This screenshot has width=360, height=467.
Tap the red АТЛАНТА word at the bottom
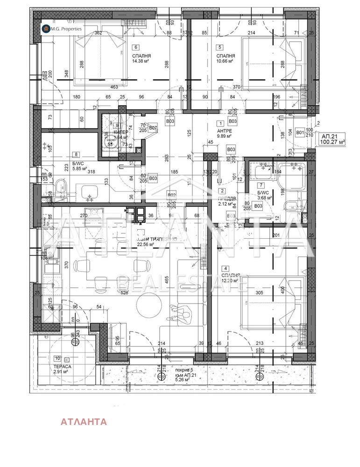click(x=84, y=422)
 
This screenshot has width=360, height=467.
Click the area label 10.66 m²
click(x=225, y=61)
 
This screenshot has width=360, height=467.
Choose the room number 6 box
click(x=136, y=47)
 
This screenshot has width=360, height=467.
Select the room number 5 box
click(x=220, y=47)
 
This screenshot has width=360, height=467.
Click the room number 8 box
click(x=76, y=154)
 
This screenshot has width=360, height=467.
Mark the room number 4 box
click(x=226, y=268)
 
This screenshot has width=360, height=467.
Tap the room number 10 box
click(x=57, y=359)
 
